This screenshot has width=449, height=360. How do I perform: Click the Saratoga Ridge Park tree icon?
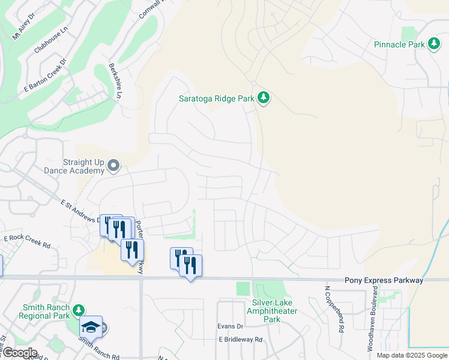(263, 97)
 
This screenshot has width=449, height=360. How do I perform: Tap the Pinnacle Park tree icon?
(434, 44)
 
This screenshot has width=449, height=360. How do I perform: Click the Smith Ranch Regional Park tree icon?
(78, 310)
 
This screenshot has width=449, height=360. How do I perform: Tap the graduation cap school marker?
(91, 326)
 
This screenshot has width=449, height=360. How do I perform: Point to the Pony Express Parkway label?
(384, 280)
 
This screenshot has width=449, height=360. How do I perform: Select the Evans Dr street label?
(231, 327)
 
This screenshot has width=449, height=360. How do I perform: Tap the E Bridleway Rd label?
(241, 339)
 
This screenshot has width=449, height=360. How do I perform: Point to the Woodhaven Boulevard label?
(374, 319)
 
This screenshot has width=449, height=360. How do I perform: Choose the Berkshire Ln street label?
(115, 80)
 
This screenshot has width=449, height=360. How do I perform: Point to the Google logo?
(19, 353)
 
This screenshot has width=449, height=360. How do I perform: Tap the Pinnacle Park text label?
(399, 44)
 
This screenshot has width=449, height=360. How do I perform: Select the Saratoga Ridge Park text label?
(217, 98)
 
